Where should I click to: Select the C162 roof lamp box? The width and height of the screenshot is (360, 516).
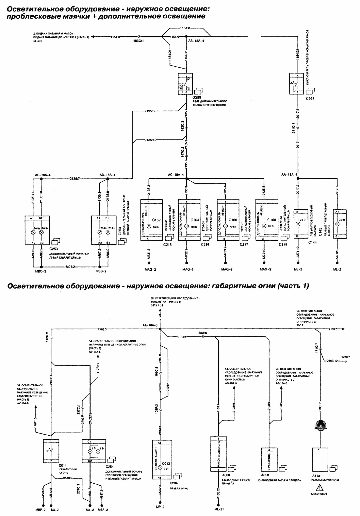tap(151, 220)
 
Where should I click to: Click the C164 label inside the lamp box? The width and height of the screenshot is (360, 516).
tap(195, 220)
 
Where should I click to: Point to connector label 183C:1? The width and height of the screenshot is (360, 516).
tap(138, 41)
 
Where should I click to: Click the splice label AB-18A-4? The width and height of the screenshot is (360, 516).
tap(196, 40)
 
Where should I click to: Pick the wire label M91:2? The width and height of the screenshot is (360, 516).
tap(70, 266)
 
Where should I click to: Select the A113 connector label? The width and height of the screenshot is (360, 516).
tap(316, 475)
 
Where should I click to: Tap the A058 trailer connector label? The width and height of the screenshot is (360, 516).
tap(265, 474)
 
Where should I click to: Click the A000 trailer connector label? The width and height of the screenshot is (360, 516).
tap(226, 474)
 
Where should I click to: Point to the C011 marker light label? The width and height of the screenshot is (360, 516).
tap(63, 465)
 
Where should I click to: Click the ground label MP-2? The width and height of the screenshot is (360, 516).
tap(160, 506)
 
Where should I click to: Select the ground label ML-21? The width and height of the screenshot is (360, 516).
tap(219, 509)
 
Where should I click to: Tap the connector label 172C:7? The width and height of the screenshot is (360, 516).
tap(345, 357)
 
